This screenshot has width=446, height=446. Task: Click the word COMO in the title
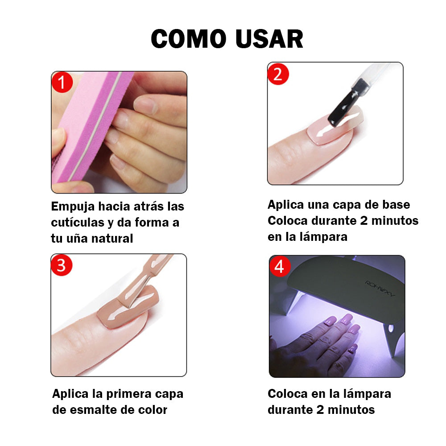tap(189, 39)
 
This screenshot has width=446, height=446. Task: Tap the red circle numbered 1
tap(62, 82)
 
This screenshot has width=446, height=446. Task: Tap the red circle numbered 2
tap(278, 74)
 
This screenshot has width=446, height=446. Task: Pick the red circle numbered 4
tap(280, 266)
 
